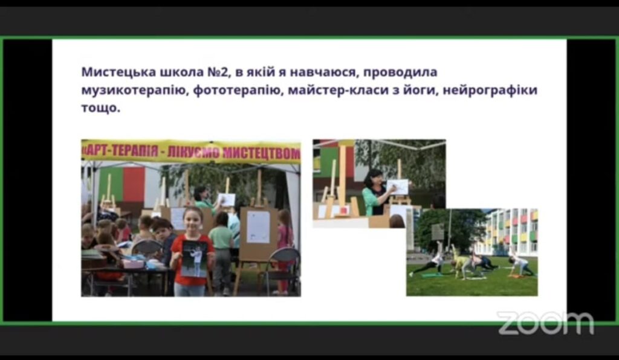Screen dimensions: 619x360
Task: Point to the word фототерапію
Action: coord(238,90)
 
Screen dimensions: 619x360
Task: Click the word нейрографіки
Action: coord(490,90)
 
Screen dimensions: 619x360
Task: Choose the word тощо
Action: coord(101,108)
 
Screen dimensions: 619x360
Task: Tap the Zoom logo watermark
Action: coord(545,323)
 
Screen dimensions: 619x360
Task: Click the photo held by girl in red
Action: coord(194,259)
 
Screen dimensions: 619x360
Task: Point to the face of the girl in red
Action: coord(193,222)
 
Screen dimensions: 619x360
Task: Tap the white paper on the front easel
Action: coord(258,227)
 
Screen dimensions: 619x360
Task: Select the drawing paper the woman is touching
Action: coord(398,187)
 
